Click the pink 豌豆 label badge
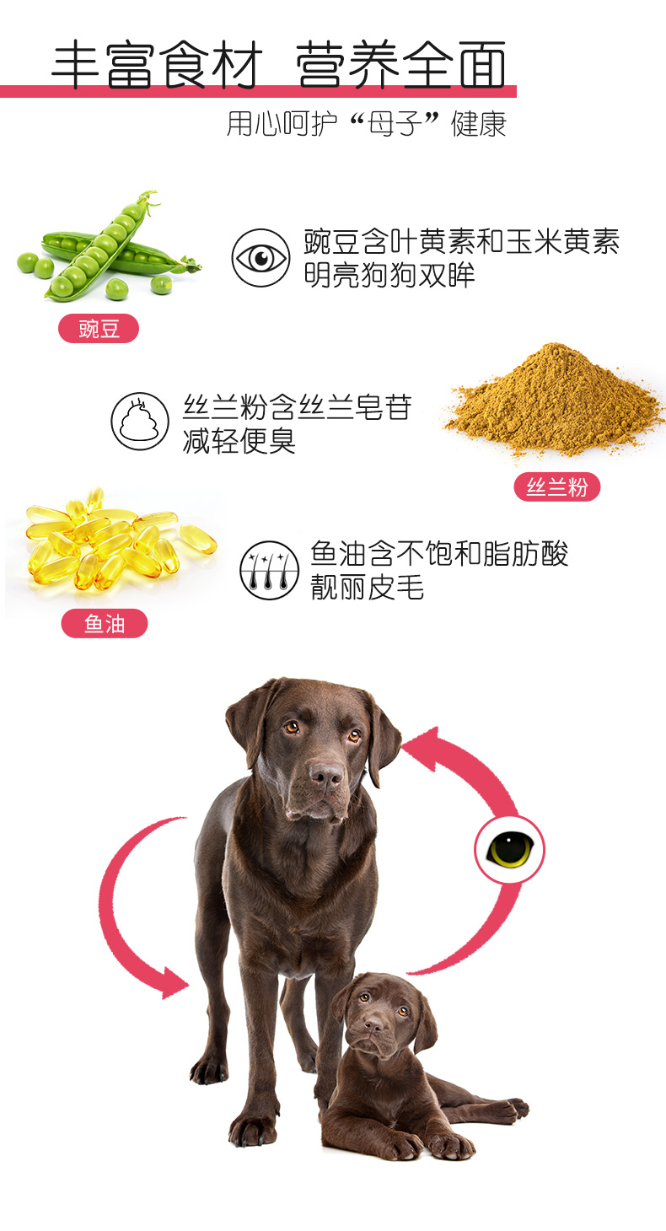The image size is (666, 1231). [99, 329]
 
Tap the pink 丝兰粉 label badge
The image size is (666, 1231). [556, 486]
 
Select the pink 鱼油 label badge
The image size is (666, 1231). [105, 624]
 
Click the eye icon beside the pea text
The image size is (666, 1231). [260, 258]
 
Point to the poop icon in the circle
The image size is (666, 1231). [140, 421]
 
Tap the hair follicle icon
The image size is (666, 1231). [269, 571]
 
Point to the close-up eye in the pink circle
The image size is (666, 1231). [510, 850]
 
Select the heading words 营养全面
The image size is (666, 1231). [400, 65]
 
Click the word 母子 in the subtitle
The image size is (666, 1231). [394, 124]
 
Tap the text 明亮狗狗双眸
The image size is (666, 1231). [389, 275]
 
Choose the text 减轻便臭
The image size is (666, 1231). [239, 441]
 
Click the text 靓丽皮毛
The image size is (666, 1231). [367, 587]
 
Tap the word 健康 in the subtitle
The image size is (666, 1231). [478, 124]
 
